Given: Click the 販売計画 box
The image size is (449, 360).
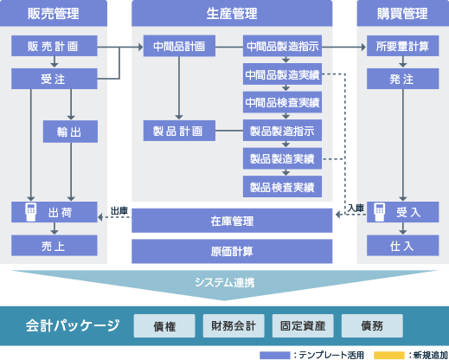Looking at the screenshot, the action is (x=55, y=46).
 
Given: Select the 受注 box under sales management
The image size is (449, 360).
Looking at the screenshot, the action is (x=55, y=79).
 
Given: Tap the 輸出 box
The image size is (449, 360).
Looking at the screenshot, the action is (x=70, y=132).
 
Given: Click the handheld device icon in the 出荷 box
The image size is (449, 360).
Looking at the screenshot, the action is (x=31, y=212).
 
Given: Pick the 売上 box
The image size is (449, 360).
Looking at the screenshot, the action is (x=55, y=246).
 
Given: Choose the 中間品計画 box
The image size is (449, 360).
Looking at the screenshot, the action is (x=179, y=46).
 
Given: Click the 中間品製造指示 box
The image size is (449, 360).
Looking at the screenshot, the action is (x=282, y=46).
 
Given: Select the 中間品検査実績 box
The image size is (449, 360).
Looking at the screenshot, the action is (x=282, y=102).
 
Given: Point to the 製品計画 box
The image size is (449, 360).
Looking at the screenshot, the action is (x=179, y=131).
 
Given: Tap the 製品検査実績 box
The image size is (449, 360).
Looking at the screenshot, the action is (x=282, y=187).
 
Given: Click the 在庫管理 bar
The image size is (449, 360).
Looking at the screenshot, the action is (x=232, y=221).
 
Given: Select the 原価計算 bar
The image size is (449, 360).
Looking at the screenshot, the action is (x=232, y=251).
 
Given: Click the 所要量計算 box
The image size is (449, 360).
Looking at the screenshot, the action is (x=402, y=46).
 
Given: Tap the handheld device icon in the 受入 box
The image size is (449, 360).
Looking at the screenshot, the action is (x=380, y=212).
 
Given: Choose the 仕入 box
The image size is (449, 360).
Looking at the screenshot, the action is (x=402, y=246).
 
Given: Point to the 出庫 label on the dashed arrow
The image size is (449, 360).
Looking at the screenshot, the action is (x=119, y=211).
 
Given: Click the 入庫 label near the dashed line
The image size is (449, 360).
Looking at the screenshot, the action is (x=356, y=208).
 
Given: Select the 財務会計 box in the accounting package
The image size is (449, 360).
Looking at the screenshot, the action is (x=234, y=326).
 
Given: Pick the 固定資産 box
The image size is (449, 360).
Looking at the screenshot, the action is (x=303, y=326).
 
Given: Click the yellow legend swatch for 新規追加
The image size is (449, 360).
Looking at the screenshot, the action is (x=389, y=355).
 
